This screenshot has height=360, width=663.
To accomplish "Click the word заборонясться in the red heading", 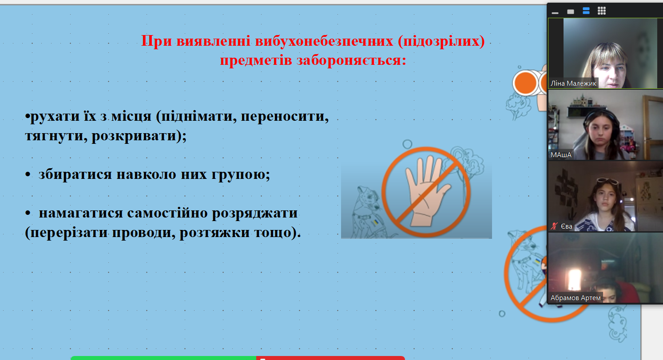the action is tap(351, 60).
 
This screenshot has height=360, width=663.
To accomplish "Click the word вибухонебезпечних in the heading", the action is tap(324, 41).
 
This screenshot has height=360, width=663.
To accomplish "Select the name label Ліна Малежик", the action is tap(573, 83).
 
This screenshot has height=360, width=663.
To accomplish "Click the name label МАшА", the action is tap(561, 155).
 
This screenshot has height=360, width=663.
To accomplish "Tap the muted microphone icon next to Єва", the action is tap(554, 226).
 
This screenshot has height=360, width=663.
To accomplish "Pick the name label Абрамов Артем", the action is tap(576, 297).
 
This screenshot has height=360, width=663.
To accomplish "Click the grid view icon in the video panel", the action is tap(601, 11).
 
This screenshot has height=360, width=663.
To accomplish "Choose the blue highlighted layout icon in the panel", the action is tap(586, 11).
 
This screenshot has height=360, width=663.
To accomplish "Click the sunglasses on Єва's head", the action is tap(608, 181).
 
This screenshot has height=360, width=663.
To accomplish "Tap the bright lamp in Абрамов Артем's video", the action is tap(575, 280).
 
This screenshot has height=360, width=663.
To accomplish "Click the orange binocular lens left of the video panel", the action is tap(525, 83).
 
